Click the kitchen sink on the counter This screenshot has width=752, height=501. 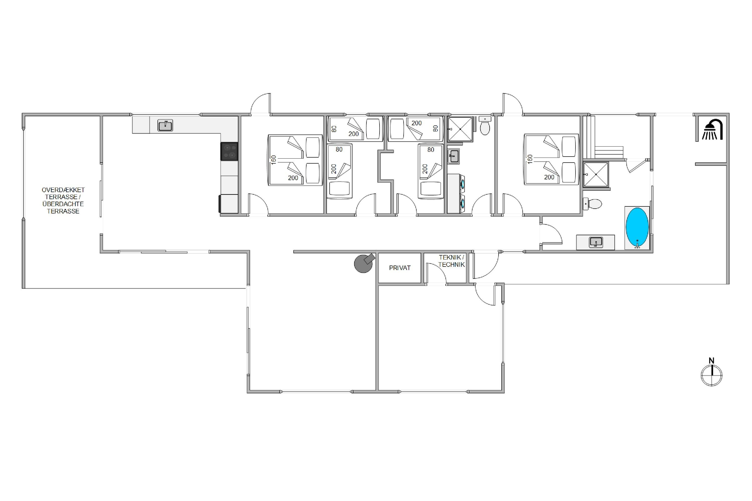point(165,125)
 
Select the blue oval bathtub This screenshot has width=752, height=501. point(637,227)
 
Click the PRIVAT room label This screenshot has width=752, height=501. point(400,268)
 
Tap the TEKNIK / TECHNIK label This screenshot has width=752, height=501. point(451,261)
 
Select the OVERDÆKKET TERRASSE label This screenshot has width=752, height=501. point(63,200)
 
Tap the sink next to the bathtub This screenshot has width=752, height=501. point(596,242)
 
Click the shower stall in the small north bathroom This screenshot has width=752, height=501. point(460,129)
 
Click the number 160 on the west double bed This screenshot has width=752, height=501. point(274,160)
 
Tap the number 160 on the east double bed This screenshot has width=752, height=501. point(530,159)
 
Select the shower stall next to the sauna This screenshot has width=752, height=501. point(596,174)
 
